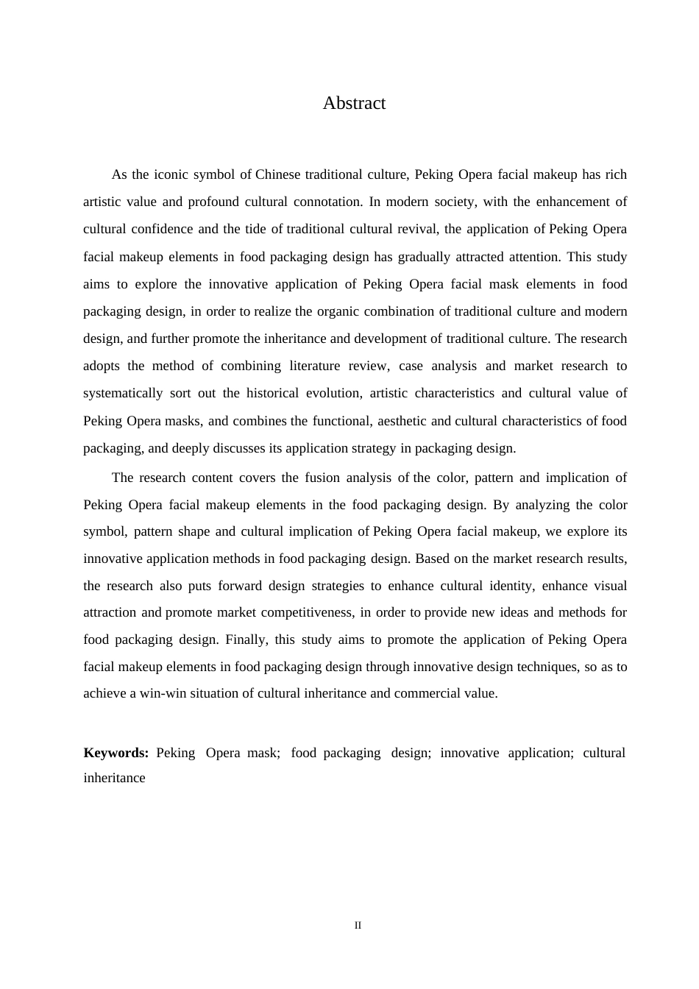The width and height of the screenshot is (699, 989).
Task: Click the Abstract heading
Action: [x=354, y=103]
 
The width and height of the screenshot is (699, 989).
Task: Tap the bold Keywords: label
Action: [x=116, y=753]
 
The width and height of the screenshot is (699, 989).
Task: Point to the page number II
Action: [x=358, y=925]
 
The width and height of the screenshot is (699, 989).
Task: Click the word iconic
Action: [x=171, y=174]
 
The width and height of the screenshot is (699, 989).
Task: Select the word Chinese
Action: [x=277, y=174]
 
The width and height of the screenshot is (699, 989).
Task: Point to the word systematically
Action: [x=123, y=393]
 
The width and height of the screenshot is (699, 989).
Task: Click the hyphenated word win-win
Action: [x=163, y=693]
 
